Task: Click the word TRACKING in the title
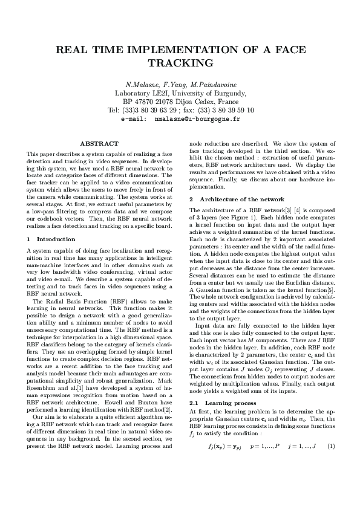pyautogui.click(x=180, y=63)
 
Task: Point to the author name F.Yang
pyautogui.click(x=172, y=84)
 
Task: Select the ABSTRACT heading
pyautogui.click(x=99, y=143)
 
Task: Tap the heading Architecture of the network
pyautogui.click(x=242, y=199)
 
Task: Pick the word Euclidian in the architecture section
pyautogui.click(x=296, y=284)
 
